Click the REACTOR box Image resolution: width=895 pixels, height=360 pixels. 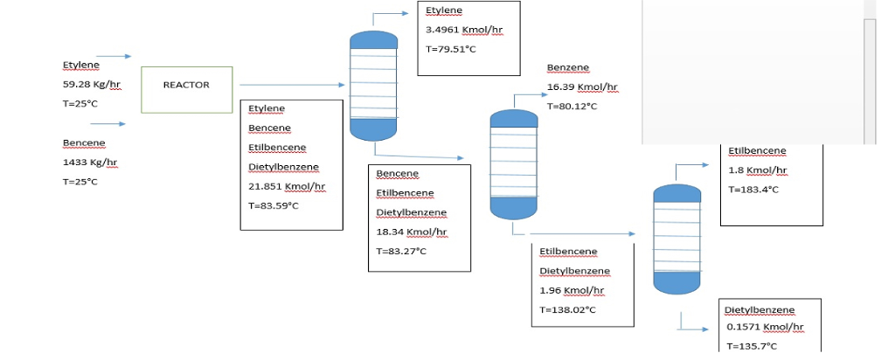[x=187, y=90]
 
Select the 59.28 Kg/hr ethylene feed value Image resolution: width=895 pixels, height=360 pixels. [x=92, y=85]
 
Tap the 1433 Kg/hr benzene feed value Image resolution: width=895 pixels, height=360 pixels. [x=90, y=163]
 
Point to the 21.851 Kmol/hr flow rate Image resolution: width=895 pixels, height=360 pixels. [x=287, y=187]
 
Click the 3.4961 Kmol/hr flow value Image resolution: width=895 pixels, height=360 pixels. [x=464, y=30]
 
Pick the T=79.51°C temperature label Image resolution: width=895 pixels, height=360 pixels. [x=451, y=49]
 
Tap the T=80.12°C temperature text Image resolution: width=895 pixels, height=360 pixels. [x=572, y=107]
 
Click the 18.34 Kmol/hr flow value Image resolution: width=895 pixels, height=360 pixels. [x=412, y=232]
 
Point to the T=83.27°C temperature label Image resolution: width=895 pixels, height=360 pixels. [x=401, y=251]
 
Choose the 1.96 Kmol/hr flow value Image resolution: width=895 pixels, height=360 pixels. [x=572, y=291]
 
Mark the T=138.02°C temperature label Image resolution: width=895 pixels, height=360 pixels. [x=567, y=310]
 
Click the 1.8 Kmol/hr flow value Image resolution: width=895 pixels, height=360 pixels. [x=758, y=170]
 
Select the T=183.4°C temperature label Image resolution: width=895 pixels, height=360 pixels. [x=753, y=190]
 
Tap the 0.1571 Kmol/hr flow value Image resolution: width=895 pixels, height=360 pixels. [x=765, y=328]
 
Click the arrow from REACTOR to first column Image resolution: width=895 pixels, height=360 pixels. [x=292, y=85]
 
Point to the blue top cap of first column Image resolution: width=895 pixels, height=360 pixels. [x=374, y=40]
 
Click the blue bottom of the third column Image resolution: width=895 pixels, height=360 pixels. [x=677, y=283]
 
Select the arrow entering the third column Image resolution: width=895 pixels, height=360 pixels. [x=582, y=234]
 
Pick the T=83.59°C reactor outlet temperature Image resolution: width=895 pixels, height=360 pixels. [x=274, y=206]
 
